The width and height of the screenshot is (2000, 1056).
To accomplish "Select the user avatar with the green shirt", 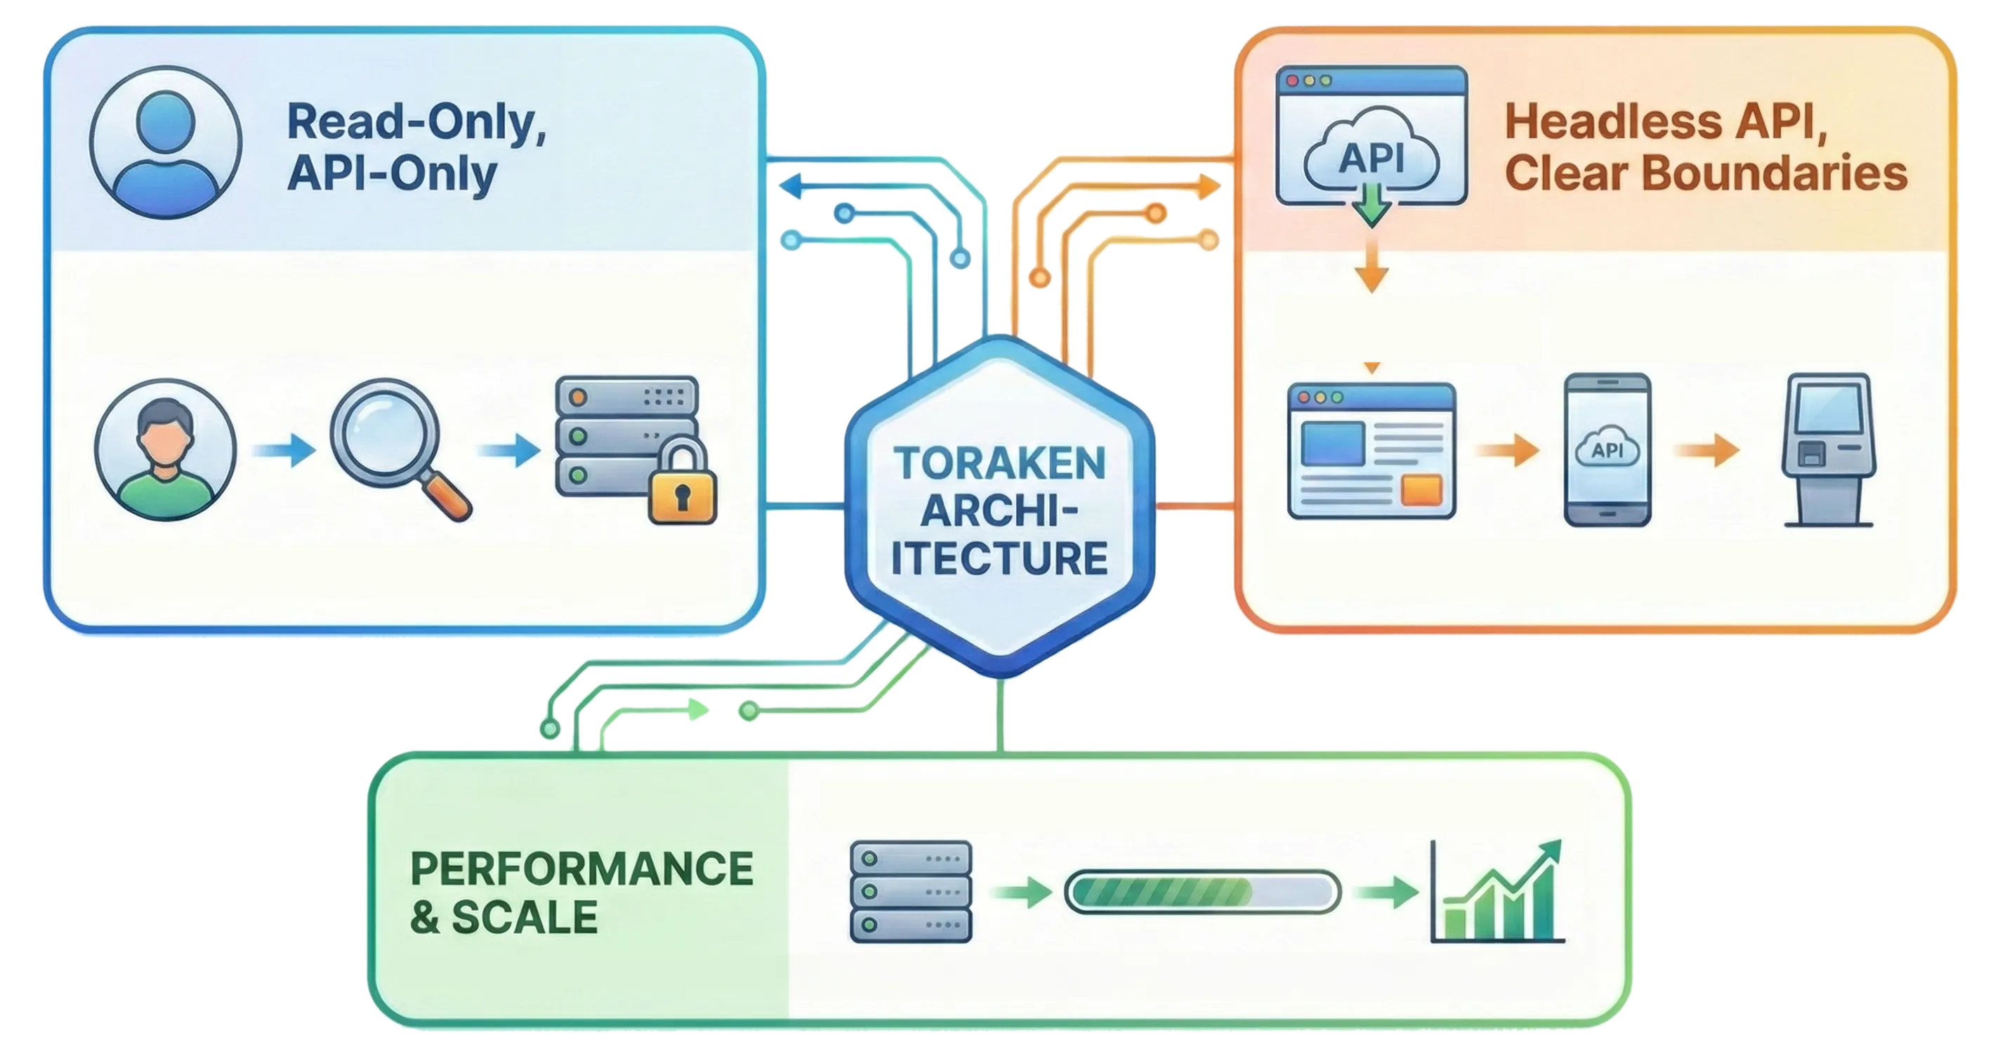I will (x=165, y=450).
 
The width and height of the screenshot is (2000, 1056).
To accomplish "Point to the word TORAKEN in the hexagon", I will (x=999, y=464).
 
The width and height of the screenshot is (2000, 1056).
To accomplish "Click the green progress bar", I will (x=1202, y=892).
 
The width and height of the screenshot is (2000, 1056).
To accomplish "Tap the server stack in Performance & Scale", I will (x=911, y=892).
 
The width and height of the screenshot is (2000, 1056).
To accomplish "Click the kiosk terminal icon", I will (x=1829, y=450).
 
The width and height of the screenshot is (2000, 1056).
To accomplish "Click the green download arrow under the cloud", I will (x=1372, y=204).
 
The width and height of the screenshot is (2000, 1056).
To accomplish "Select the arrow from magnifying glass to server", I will (x=510, y=450).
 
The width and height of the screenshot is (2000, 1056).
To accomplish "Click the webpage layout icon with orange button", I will (x=1371, y=450).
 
